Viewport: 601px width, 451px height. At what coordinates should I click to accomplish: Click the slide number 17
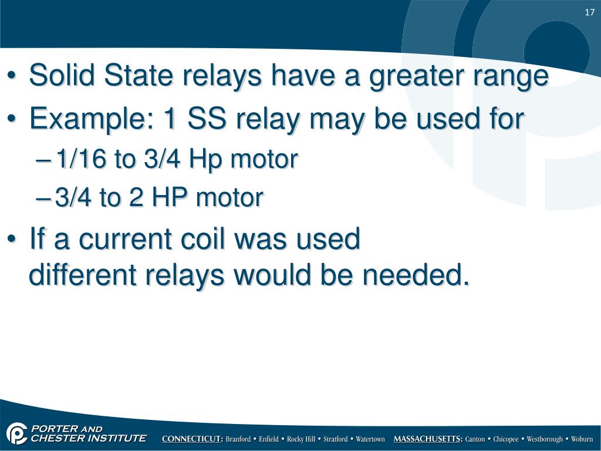(590, 13)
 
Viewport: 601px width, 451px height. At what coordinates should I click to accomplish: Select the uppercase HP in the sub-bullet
(170, 198)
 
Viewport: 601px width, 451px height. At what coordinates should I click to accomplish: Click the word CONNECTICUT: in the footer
(192, 439)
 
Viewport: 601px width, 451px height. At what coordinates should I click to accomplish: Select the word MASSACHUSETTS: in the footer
(428, 439)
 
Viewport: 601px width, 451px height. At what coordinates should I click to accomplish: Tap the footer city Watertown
(370, 439)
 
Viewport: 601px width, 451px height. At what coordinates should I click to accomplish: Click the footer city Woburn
(582, 439)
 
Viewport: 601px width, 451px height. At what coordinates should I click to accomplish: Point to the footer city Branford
(238, 439)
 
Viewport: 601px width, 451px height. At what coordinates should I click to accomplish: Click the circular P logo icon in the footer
(17, 433)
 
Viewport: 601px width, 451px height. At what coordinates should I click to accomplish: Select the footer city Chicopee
(506, 439)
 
